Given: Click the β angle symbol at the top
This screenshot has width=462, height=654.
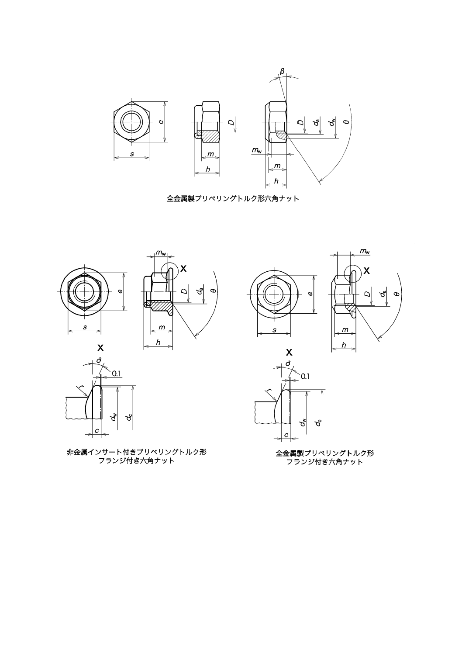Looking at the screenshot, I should point(282,71).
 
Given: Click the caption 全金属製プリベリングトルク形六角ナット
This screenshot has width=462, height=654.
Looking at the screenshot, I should point(233,198).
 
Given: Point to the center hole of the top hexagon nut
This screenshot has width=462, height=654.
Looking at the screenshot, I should point(131,122).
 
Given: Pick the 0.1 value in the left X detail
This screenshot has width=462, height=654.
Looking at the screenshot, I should point(117,374).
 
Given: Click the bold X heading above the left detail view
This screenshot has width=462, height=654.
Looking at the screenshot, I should point(100,348).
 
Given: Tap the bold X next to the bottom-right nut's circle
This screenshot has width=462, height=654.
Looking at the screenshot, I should point(366,271).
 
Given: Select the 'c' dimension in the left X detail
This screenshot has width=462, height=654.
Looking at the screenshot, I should point(97,431).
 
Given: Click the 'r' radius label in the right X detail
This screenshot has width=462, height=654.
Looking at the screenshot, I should point(269,390).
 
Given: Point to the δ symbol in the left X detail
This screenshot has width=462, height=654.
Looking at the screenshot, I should point(100,360).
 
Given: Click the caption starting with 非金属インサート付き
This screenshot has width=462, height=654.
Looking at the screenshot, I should point(137,452).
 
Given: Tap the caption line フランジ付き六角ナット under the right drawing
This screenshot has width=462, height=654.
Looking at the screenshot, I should point(324,462).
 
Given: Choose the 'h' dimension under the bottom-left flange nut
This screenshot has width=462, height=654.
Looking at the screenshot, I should point(158,343).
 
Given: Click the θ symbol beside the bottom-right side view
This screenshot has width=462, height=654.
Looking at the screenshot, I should point(396,294).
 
